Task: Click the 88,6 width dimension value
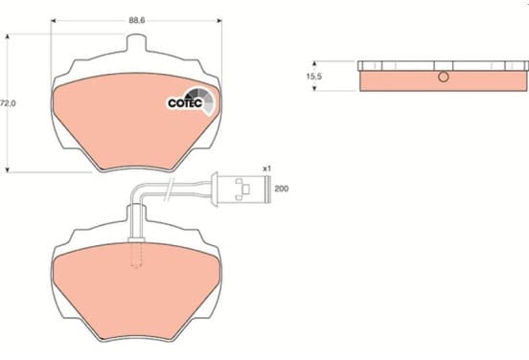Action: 137,20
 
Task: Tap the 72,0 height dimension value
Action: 8,103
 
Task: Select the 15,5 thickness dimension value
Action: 314,77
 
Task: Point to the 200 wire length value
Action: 282,189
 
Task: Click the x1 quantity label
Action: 266,169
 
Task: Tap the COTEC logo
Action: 191,101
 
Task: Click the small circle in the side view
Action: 444,77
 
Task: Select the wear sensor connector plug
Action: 241,189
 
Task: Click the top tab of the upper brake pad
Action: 136,43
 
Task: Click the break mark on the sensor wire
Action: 168,190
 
